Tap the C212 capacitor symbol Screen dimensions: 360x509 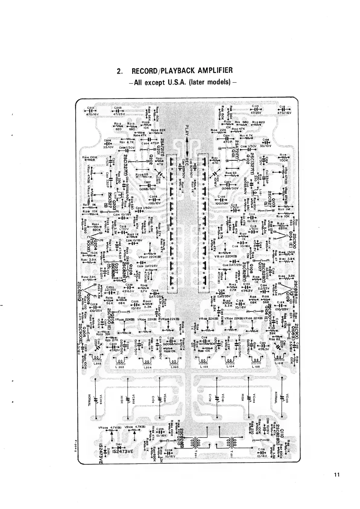(91, 111)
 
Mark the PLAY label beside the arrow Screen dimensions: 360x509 (186, 131)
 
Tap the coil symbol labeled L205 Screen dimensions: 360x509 (121, 362)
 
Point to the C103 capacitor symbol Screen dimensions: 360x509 (256, 109)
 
